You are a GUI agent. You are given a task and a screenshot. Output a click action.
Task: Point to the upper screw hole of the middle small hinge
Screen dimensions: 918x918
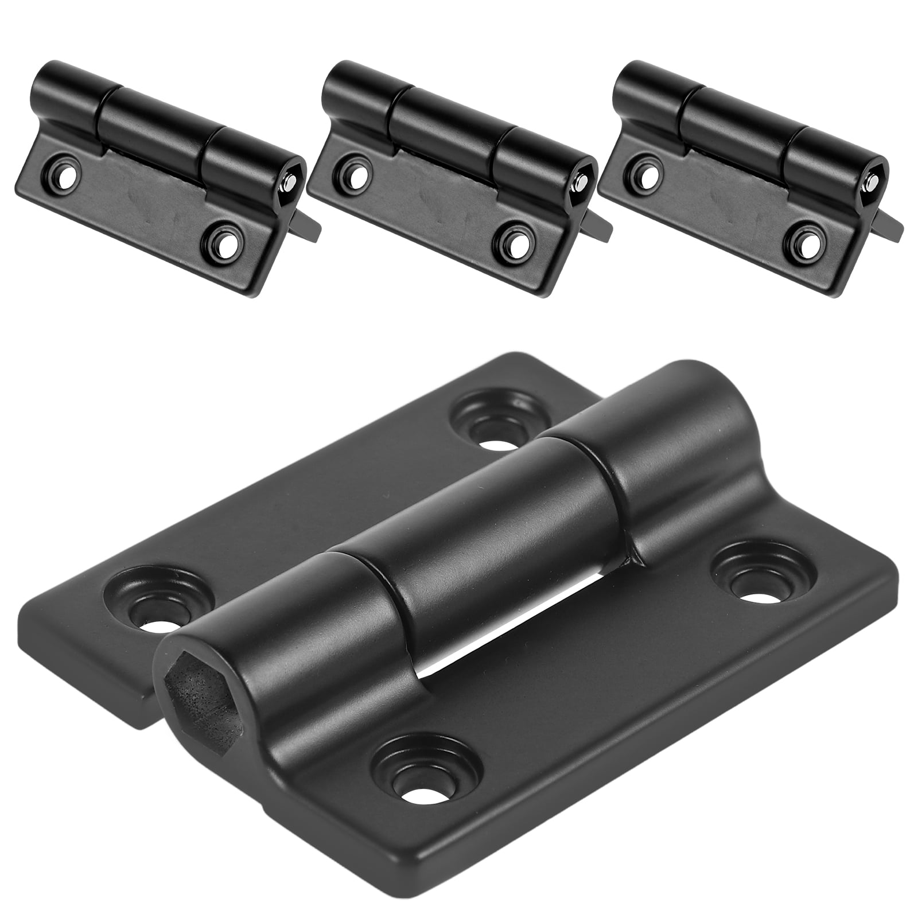coord(357,172)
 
